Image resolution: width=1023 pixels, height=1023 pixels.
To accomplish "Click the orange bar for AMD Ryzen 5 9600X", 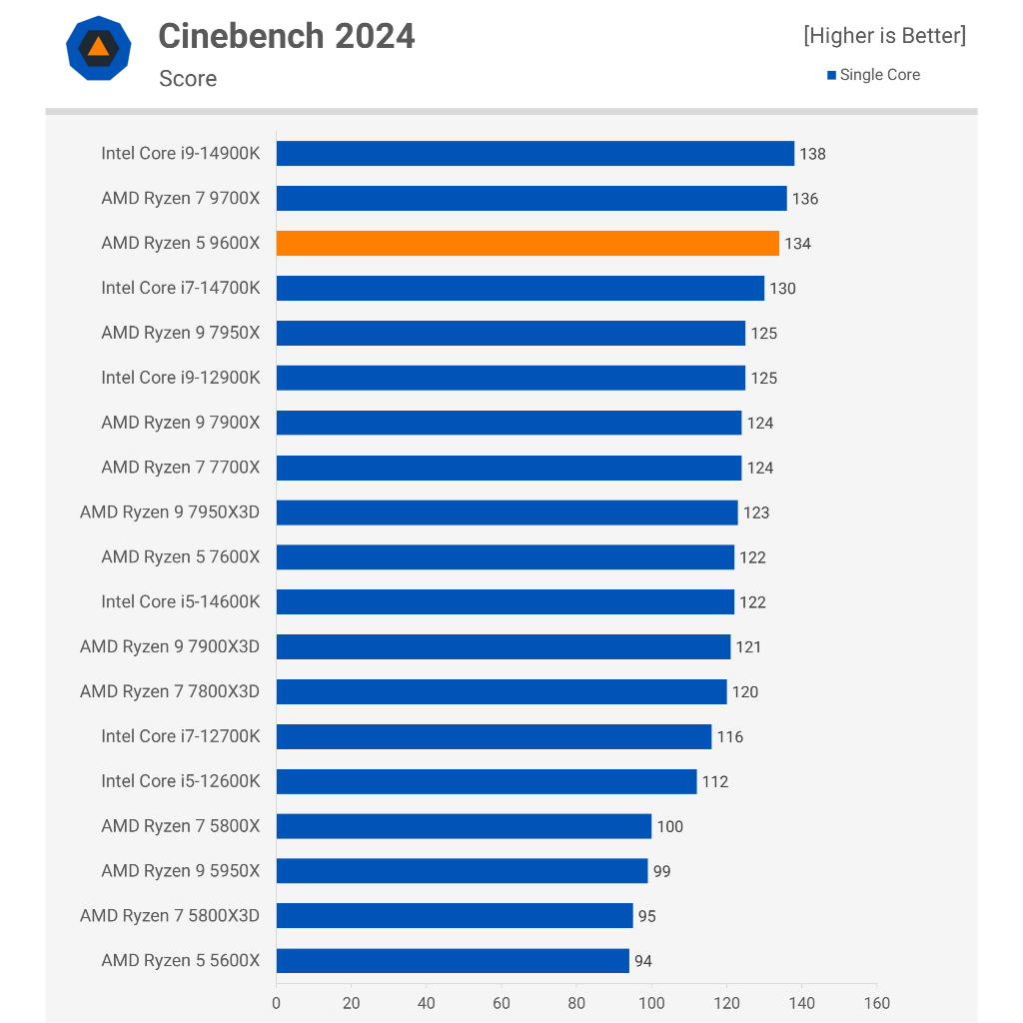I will coord(527,243).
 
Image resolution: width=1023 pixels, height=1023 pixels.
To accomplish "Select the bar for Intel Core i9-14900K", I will coord(534,153).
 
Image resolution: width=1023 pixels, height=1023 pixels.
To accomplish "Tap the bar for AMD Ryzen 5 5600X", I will coord(453,960).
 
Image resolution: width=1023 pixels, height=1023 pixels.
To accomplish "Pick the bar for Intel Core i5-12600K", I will coord(487,781).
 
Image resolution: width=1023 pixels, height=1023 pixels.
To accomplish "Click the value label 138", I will coord(812,154).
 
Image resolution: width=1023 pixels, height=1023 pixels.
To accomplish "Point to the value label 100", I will coord(669,826).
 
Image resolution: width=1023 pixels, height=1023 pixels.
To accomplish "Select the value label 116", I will coord(729,737).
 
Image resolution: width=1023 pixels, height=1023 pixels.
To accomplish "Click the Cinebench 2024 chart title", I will coord(287,36).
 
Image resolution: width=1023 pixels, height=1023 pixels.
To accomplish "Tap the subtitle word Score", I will coord(188,79).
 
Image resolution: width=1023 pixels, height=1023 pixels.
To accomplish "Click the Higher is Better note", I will coord(884,36).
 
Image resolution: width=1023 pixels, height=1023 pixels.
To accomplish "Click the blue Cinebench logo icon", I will coord(98,47).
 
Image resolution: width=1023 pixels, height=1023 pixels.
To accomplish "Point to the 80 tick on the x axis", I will coord(576,1003).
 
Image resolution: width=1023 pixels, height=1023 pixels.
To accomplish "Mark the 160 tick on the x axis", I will coord(876,1003).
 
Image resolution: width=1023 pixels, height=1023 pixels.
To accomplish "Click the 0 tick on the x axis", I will coord(277,1003).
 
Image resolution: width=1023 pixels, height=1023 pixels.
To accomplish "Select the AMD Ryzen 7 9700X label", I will coord(180,198).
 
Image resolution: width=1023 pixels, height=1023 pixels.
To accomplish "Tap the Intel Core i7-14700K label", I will coord(180,288).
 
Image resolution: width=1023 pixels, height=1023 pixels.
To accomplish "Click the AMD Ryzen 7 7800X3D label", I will coord(170,691).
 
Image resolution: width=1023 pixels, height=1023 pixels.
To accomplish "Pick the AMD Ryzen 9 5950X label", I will coord(180,871).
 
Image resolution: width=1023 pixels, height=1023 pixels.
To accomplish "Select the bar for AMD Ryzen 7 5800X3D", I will coord(455,915).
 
